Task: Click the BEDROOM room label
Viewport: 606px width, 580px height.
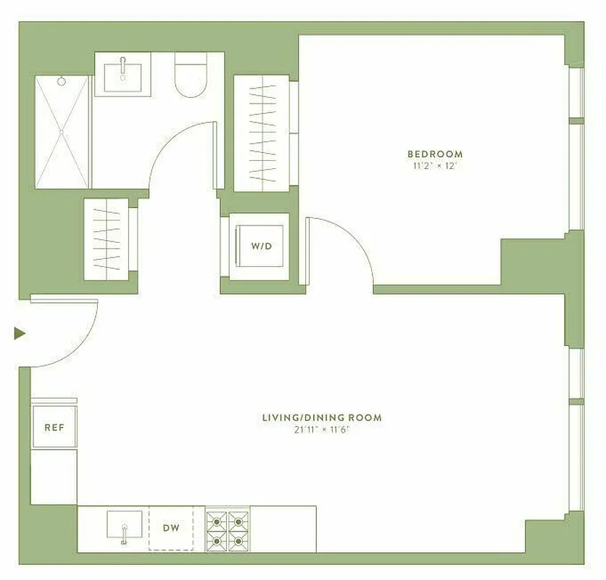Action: tap(434, 154)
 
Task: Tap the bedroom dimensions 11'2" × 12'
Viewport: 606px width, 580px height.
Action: tap(434, 166)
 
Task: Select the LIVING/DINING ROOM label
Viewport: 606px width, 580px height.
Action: tap(322, 418)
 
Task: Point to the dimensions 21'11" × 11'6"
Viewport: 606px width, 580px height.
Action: tap(322, 429)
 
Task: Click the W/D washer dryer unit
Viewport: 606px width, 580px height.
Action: tap(261, 246)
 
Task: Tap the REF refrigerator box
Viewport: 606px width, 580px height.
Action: tap(54, 427)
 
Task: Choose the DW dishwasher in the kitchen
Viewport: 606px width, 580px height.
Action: tap(171, 529)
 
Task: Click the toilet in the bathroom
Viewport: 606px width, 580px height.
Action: tap(191, 78)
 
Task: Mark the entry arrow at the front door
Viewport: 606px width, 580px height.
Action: tap(20, 333)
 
